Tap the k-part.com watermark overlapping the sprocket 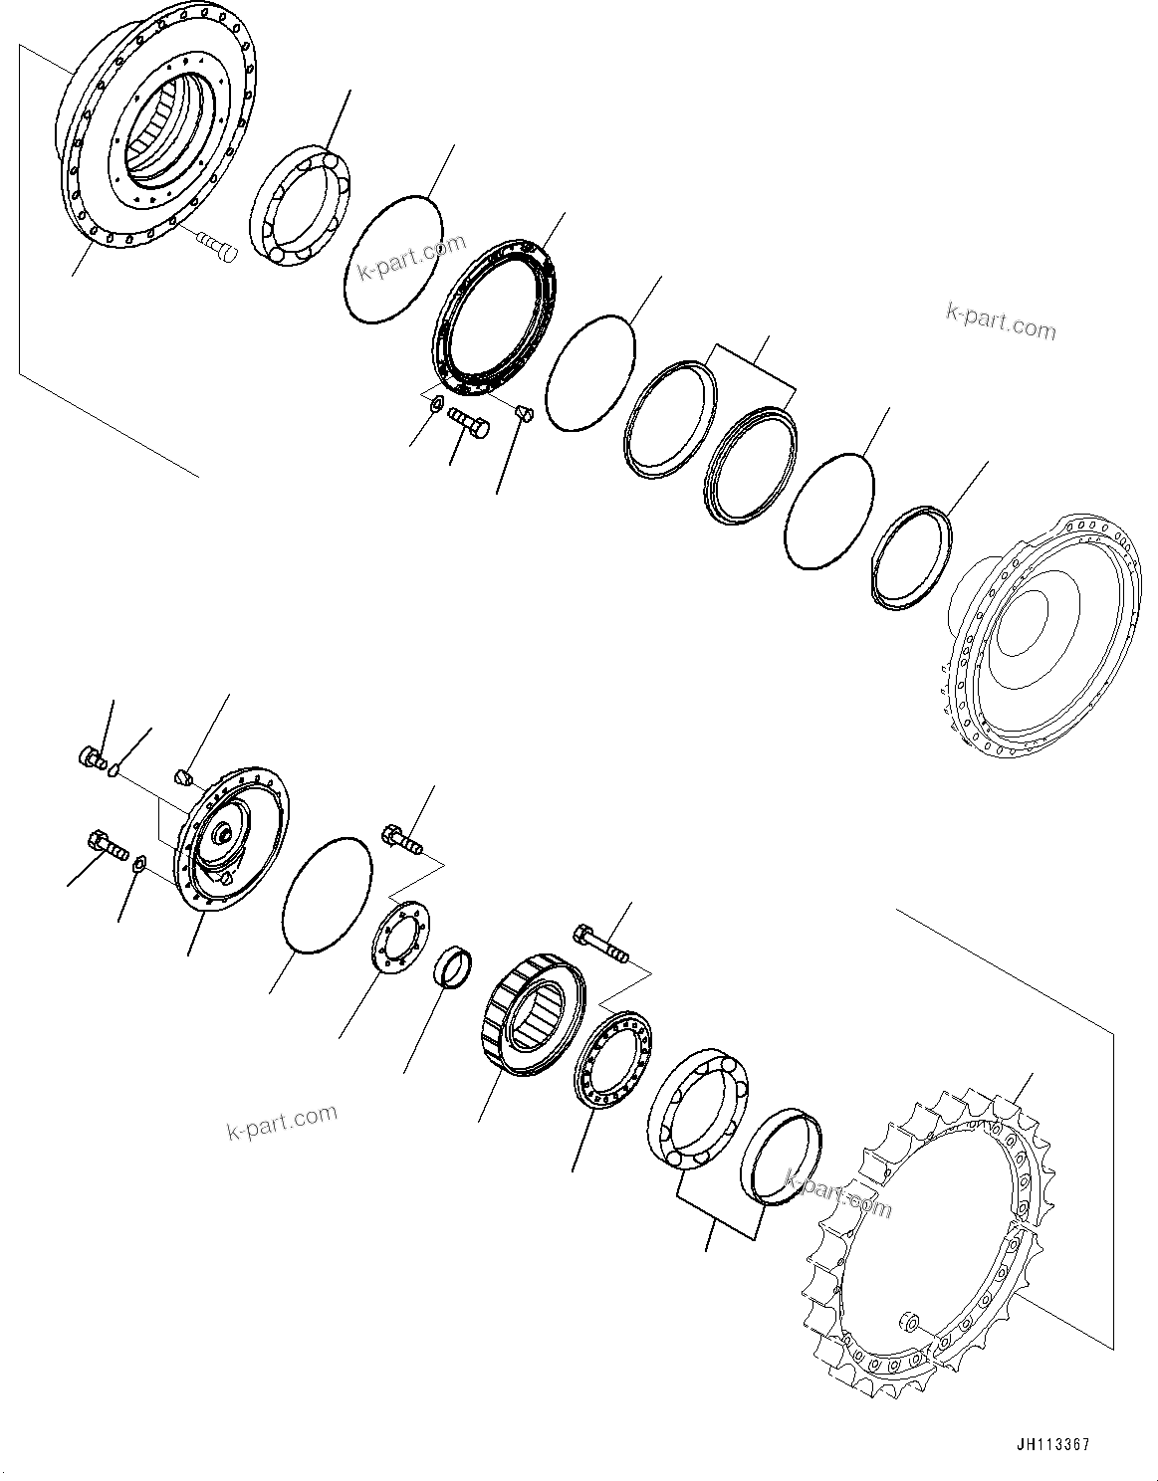838,1192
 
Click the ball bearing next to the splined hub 298,207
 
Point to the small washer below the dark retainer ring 434,403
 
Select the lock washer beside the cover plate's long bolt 140,862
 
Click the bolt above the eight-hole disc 401,838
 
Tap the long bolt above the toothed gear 600,944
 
